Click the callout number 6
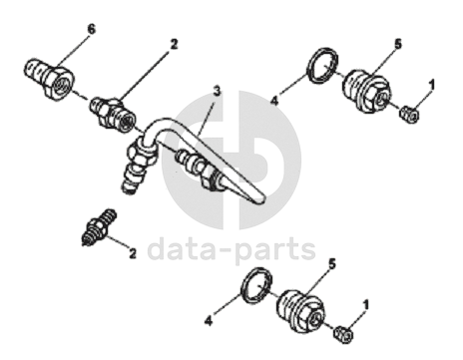(x=91, y=29)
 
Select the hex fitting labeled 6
(x=50, y=77)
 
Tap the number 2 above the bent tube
(x=174, y=44)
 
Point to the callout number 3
(x=217, y=91)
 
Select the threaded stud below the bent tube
(x=99, y=227)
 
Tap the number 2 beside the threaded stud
(x=133, y=254)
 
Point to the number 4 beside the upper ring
(x=274, y=101)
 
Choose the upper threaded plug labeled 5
(x=365, y=91)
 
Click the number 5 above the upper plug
(x=398, y=44)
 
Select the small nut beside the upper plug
(x=409, y=115)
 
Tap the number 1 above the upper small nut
(x=431, y=86)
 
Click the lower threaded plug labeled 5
(x=299, y=311)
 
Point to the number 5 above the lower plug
(x=332, y=264)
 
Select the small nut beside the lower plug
(x=343, y=334)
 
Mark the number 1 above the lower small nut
(x=366, y=305)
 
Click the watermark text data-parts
(x=231, y=248)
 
